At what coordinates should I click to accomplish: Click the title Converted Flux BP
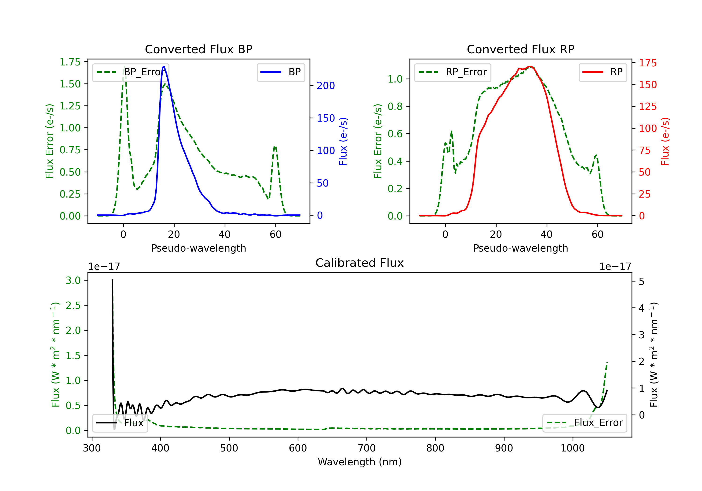[x=198, y=49]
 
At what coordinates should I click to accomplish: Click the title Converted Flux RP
[x=520, y=49]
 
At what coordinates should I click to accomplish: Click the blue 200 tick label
[x=326, y=86]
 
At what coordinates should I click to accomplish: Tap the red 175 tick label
[x=647, y=63]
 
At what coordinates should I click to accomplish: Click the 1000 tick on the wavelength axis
[x=572, y=448]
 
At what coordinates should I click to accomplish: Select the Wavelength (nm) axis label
[x=360, y=462]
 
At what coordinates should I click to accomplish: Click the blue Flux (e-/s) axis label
[x=343, y=141]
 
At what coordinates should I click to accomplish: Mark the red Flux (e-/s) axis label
[x=665, y=141]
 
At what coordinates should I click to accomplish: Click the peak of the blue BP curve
[x=164, y=66]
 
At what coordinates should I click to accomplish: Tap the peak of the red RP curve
[x=530, y=67]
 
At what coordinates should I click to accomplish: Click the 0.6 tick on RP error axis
[x=395, y=134]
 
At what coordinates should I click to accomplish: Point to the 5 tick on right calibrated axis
[x=641, y=282]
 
